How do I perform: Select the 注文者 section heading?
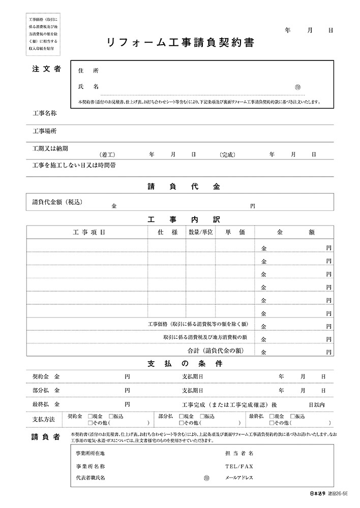pyautogui.click(x=46, y=69)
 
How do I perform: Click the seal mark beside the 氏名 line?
pyautogui.click(x=298, y=87)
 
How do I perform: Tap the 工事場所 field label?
pyautogui.click(x=44, y=131)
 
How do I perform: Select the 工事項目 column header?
pyautogui.click(x=88, y=232)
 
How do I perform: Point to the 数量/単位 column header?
pyautogui.click(x=200, y=232)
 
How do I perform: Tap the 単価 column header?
pyautogui.click(x=235, y=232)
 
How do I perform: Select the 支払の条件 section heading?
pyautogui.click(x=181, y=364)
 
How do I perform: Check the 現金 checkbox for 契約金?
pyautogui.click(x=90, y=416)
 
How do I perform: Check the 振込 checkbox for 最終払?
pyautogui.click(x=292, y=416)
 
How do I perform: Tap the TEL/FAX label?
pyautogui.click(x=238, y=465)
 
